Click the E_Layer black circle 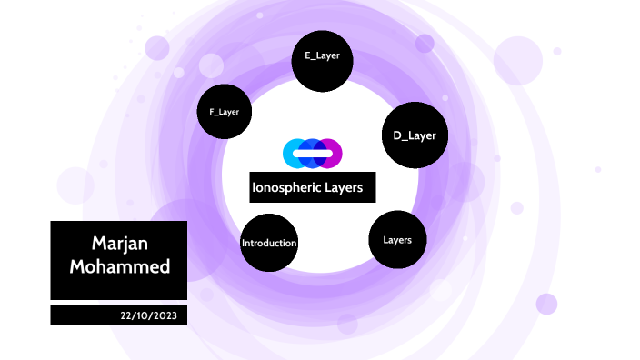pyautogui.click(x=322, y=62)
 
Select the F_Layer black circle pyautogui.click(x=224, y=112)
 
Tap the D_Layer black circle pyautogui.click(x=414, y=135)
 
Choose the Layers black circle pyautogui.click(x=397, y=240)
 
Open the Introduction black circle pyautogui.click(x=269, y=243)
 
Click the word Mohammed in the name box pyautogui.click(x=119, y=268)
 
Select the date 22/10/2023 pyautogui.click(x=154, y=315)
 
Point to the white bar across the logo pyautogui.click(x=313, y=154)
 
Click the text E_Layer pyautogui.click(x=322, y=55)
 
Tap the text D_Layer pyautogui.click(x=415, y=135)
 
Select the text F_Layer pyautogui.click(x=224, y=112)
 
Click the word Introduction pyautogui.click(x=269, y=244)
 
